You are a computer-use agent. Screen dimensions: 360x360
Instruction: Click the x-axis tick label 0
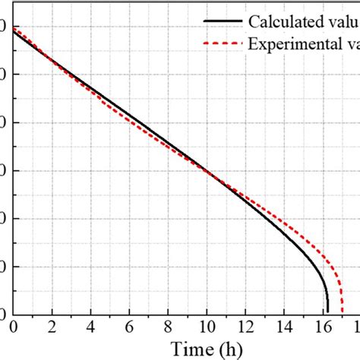point(14,327)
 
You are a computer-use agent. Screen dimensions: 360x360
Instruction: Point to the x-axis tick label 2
point(52,327)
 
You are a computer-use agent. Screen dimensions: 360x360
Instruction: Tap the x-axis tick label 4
point(90,327)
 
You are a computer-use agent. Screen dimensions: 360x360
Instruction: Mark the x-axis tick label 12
point(245,327)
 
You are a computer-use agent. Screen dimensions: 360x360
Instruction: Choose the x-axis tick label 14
point(283,327)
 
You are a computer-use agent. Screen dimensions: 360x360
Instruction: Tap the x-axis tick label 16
point(322,327)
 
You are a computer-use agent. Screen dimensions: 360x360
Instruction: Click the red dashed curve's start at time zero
point(14,27)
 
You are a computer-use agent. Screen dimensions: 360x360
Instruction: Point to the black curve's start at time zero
point(14,31)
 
